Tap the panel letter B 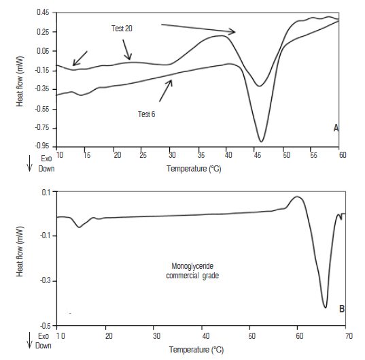click(341, 308)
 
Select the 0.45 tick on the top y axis click(43, 12)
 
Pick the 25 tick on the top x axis click(143, 155)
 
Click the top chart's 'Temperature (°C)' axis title click(192, 167)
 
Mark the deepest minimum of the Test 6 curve click(261, 142)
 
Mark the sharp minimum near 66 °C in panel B click(326, 308)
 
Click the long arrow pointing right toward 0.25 click(197, 28)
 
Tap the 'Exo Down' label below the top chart click(41, 163)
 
